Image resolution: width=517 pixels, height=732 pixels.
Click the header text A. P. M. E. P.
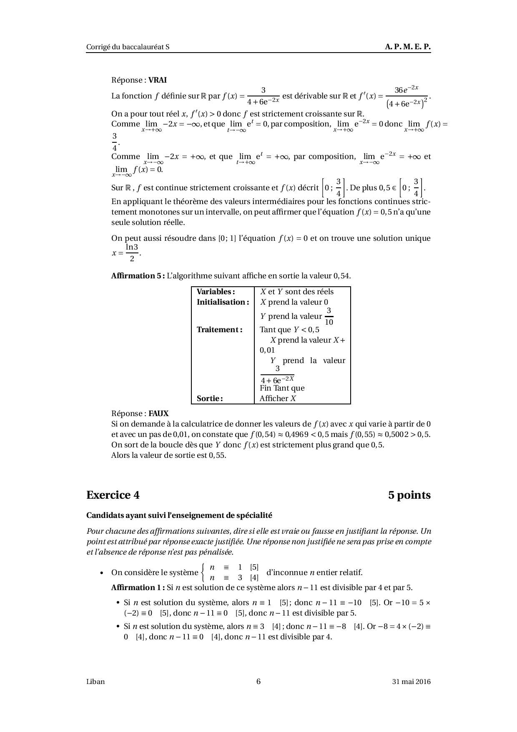point(407,47)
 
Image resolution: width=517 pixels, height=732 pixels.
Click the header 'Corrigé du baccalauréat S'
point(128,47)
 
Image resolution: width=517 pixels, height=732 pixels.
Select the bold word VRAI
point(158,80)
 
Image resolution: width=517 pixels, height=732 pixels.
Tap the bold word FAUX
point(158,414)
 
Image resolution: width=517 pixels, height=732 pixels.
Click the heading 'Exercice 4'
point(113,495)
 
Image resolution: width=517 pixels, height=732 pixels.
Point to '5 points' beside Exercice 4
point(409,495)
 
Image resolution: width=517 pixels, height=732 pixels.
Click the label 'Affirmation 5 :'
point(138,276)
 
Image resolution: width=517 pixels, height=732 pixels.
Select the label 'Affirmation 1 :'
point(138,588)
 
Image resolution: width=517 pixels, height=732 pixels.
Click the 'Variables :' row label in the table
point(216,292)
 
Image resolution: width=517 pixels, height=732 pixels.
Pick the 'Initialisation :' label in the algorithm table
point(223,302)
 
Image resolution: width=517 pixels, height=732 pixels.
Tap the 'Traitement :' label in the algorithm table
point(219,330)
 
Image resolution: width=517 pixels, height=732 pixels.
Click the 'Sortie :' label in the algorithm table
point(210,399)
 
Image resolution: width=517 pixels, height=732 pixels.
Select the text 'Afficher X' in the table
point(278,399)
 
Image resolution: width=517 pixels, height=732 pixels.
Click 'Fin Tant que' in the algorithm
point(282,388)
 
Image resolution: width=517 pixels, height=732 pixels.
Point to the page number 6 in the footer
point(258,682)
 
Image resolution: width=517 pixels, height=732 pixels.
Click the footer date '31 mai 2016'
point(411,682)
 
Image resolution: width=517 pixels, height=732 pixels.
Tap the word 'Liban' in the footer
point(95,682)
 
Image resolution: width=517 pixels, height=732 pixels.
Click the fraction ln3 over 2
point(132,253)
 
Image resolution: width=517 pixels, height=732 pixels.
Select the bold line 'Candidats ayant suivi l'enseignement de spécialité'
point(179,515)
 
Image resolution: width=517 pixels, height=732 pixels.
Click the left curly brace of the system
point(203,572)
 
